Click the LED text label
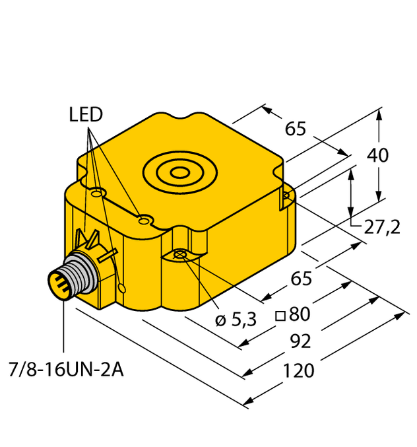click(x=86, y=116)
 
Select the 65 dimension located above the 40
click(x=296, y=129)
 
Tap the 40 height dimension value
click(x=377, y=156)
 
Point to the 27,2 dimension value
click(x=382, y=228)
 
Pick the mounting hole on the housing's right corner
click(x=286, y=195)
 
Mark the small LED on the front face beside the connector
click(x=123, y=287)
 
